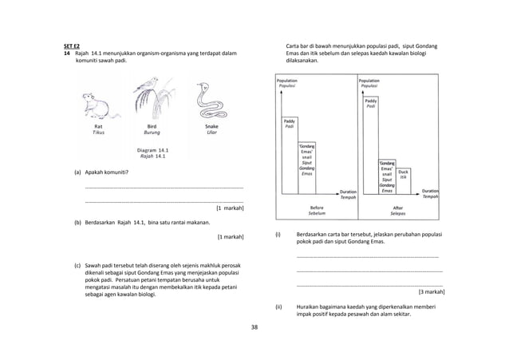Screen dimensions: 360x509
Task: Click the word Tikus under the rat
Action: (98, 133)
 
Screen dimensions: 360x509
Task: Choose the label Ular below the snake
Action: (211, 133)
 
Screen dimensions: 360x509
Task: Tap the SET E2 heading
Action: (73, 45)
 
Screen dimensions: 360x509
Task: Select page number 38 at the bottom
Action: (254, 327)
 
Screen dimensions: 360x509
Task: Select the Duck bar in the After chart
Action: (404, 182)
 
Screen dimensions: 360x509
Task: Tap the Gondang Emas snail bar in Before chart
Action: (306, 169)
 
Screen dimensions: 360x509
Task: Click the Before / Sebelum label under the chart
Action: (317, 211)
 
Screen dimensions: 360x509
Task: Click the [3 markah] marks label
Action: (432, 292)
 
